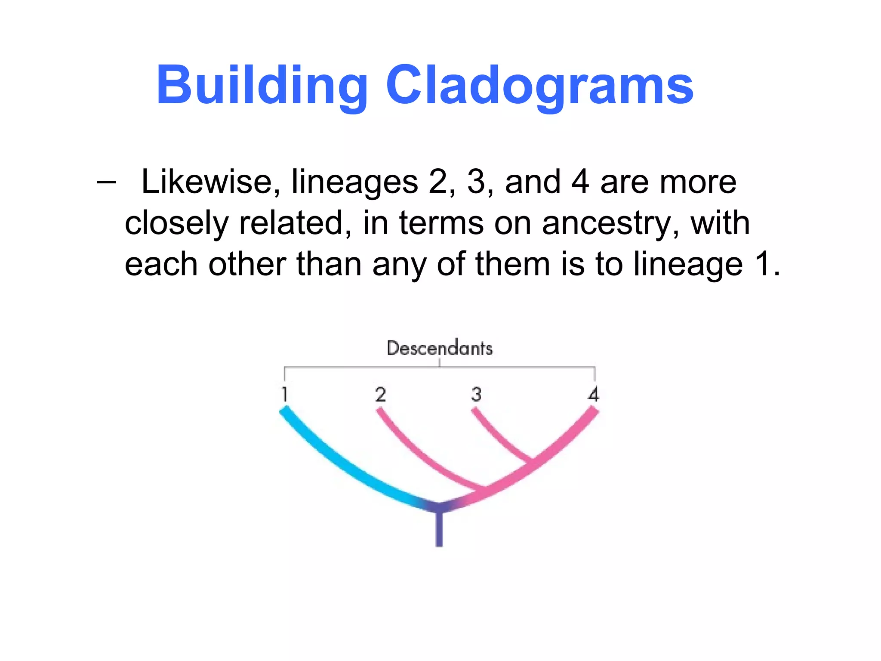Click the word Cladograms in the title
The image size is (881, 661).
click(x=539, y=85)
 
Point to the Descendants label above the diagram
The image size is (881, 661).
click(x=439, y=348)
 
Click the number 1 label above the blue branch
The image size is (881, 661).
click(x=284, y=394)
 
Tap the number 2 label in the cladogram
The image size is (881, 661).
click(x=380, y=394)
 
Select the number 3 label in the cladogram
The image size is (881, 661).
click(x=476, y=394)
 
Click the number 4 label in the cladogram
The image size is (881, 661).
click(x=594, y=394)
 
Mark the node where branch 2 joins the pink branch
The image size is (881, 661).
click(x=485, y=489)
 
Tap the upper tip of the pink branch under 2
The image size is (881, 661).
click(x=379, y=411)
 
